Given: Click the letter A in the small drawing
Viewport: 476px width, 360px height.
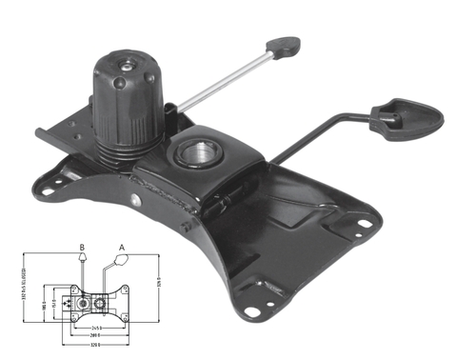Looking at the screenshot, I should [122, 246].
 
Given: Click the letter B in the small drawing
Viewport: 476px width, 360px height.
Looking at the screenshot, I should [83, 246].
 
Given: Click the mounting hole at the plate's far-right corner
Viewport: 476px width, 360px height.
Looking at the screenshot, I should [365, 225].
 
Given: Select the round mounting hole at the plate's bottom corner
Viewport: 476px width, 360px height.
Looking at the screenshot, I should [250, 310].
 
